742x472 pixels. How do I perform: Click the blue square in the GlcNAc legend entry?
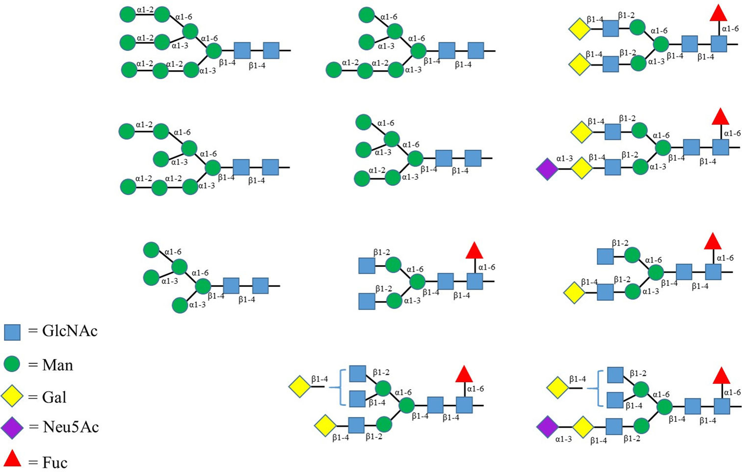(12, 332)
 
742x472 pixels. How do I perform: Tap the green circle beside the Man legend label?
(12, 364)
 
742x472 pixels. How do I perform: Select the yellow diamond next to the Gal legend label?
(12, 396)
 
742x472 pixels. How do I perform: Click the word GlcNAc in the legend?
(70, 331)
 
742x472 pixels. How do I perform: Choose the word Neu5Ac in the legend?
(71, 427)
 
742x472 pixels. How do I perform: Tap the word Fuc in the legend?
(55, 462)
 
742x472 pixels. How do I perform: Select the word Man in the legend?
(57, 365)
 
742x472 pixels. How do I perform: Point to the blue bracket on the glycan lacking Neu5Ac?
(340, 388)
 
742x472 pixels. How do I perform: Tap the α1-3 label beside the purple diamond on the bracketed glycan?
(563, 439)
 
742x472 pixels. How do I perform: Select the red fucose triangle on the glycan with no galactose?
(474, 250)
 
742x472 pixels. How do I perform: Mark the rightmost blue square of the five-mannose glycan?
(261, 285)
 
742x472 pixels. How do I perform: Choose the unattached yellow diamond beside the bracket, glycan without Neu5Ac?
(300, 387)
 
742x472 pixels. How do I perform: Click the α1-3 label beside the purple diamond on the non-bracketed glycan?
(564, 159)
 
